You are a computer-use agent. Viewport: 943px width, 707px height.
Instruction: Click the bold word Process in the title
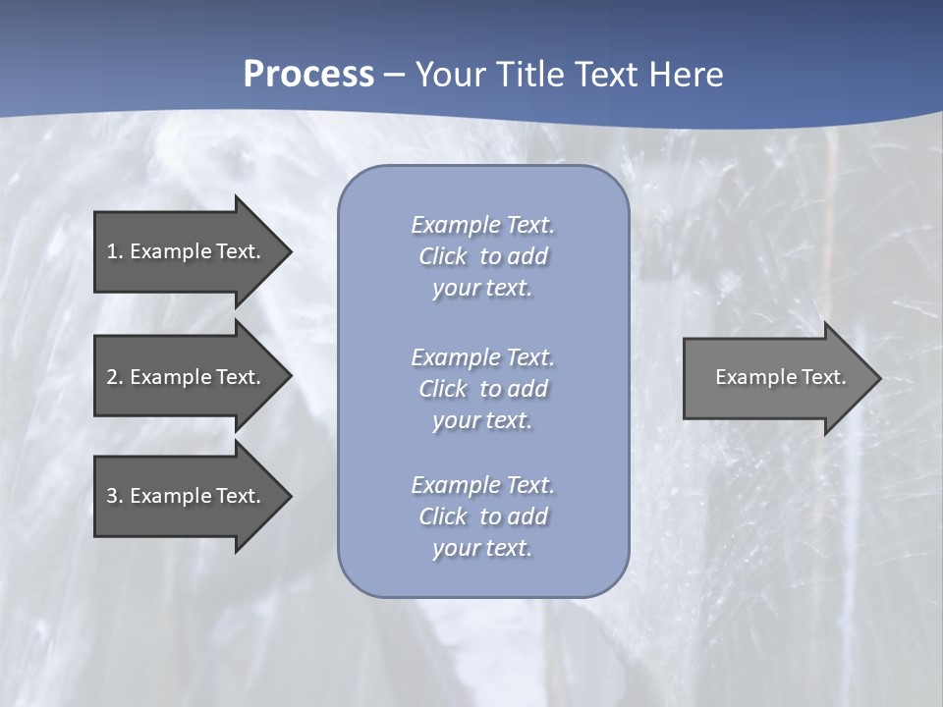coord(308,75)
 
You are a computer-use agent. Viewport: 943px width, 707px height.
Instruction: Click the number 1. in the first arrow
coord(115,251)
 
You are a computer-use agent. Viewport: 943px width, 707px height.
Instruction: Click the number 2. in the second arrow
coord(115,377)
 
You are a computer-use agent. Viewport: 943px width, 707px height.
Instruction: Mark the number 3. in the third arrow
coord(115,496)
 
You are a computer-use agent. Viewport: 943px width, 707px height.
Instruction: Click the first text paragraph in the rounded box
coord(482,256)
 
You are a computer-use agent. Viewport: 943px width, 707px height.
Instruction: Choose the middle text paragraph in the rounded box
coord(482,389)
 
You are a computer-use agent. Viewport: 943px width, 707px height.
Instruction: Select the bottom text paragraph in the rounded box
coord(482,517)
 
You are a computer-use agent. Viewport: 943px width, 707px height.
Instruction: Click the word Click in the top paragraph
coord(442,256)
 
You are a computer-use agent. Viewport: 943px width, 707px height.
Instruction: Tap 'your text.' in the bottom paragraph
coord(482,548)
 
